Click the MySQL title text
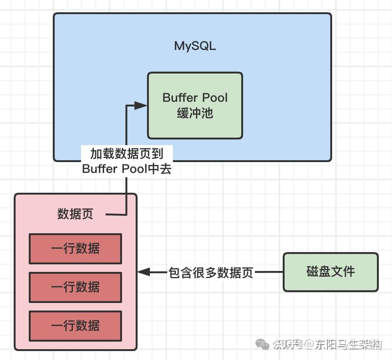point(195,46)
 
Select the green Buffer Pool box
point(195,106)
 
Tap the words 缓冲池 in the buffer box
point(195,113)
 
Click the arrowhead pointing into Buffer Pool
point(141,106)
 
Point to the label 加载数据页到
point(127,154)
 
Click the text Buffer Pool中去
point(127,169)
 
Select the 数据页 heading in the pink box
point(75,214)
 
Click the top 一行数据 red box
point(75,249)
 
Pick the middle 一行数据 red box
point(75,287)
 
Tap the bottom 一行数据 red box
point(75,326)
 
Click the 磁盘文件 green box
point(331,272)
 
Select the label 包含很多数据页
point(211,272)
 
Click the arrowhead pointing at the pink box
point(144,272)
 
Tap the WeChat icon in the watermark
point(262,344)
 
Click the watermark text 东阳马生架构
point(348,344)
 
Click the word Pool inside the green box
point(215,98)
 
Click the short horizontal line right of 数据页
point(116,214)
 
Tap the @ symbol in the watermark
point(309,344)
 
